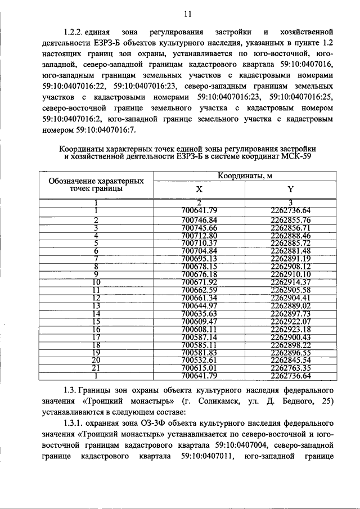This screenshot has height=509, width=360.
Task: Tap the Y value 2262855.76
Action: [x=290, y=219]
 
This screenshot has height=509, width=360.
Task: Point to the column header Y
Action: [x=290, y=190]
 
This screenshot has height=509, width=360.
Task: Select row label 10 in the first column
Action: [x=96, y=282]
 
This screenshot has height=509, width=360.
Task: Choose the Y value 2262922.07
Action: [x=290, y=321]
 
